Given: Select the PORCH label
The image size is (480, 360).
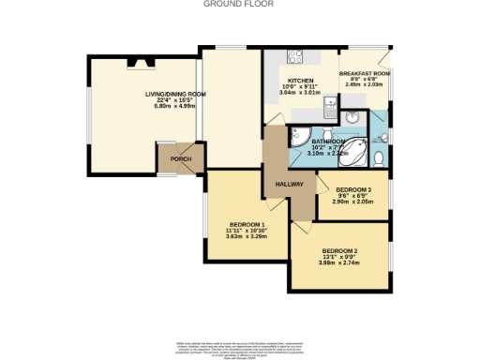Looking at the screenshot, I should [180, 159].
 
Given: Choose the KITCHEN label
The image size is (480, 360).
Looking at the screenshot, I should [300, 82].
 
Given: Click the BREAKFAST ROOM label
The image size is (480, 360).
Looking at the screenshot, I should [365, 73].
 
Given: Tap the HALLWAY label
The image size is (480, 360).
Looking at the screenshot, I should [290, 184].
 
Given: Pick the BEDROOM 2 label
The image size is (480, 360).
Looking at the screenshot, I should [340, 251].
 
